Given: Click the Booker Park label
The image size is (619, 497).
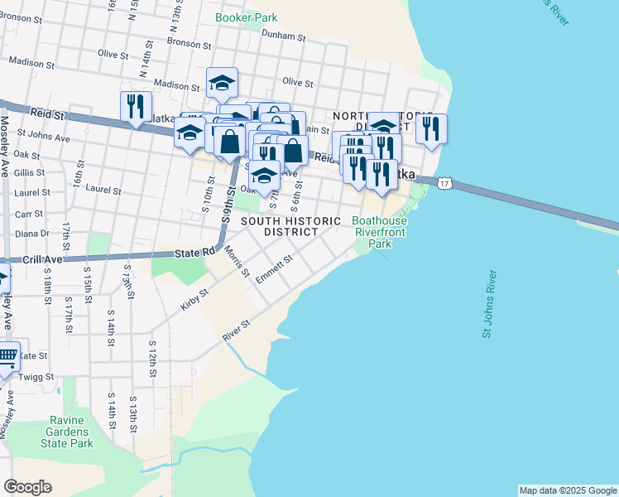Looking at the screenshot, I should click(x=246, y=17).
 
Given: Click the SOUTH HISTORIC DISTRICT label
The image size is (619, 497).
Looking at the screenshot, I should click(x=290, y=226).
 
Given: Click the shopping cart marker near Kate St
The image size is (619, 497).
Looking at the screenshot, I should click(x=7, y=357).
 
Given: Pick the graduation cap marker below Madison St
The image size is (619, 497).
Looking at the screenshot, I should click(x=222, y=82).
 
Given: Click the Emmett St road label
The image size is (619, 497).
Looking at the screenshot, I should click(x=275, y=270).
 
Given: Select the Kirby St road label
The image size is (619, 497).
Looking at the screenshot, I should click(x=194, y=298).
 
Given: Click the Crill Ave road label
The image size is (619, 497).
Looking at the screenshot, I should click(x=43, y=259).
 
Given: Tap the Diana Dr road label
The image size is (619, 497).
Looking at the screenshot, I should click(x=33, y=234).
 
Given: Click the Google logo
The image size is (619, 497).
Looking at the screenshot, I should click(x=27, y=487).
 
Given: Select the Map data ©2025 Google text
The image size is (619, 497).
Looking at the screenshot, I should click(x=567, y=490).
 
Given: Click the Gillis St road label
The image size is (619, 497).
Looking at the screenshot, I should click(x=29, y=172).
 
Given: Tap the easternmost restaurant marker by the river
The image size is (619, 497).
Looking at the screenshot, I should click(x=430, y=128).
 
